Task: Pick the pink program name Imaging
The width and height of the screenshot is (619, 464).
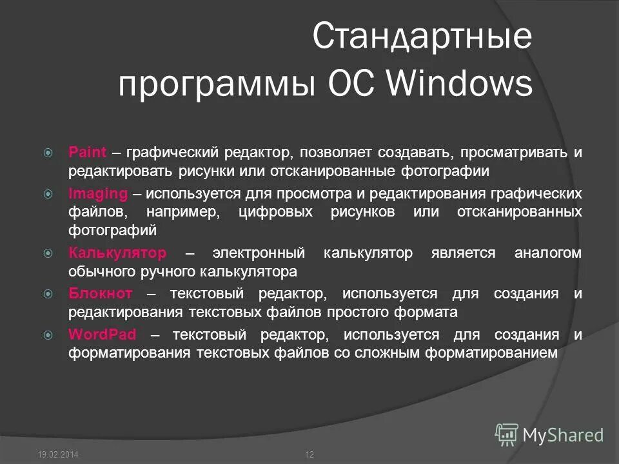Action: pos(98,193)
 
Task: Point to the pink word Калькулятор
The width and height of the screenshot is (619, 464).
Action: pos(117,253)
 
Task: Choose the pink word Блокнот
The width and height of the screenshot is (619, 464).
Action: pos(101,294)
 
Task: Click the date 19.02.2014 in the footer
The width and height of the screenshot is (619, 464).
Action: pos(59,456)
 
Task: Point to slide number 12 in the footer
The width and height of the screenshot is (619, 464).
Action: pos(309,456)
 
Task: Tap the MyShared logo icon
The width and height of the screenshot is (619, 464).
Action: pos(507,435)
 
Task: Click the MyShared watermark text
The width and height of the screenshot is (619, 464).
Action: pos(563,436)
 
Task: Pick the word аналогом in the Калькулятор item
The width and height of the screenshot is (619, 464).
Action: pos(547,253)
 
